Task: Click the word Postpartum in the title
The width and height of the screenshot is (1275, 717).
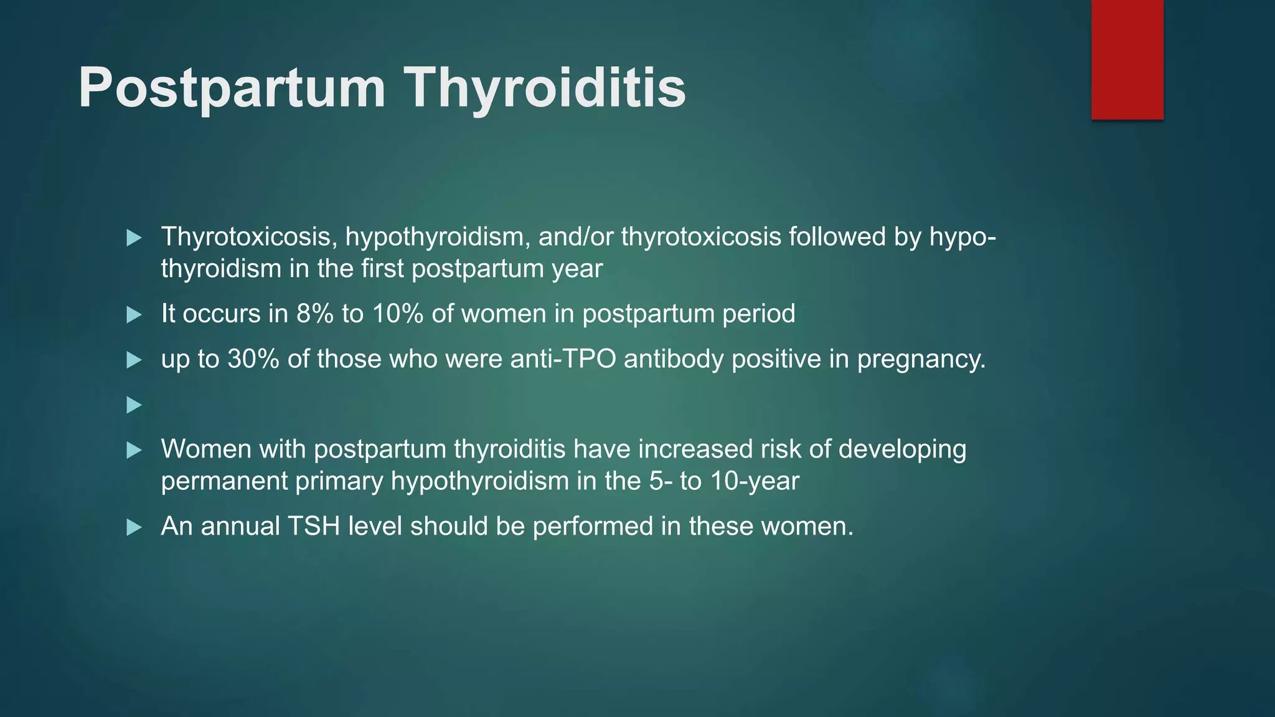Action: (232, 88)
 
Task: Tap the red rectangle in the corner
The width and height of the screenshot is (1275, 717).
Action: (1127, 60)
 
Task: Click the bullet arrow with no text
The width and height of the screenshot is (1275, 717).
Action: (134, 406)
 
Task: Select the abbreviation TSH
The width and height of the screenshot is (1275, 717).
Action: (314, 527)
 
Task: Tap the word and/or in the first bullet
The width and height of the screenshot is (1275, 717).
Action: (575, 237)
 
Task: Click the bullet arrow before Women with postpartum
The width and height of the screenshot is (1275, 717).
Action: (134, 451)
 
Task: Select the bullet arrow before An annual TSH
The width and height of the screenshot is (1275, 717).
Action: (134, 528)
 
